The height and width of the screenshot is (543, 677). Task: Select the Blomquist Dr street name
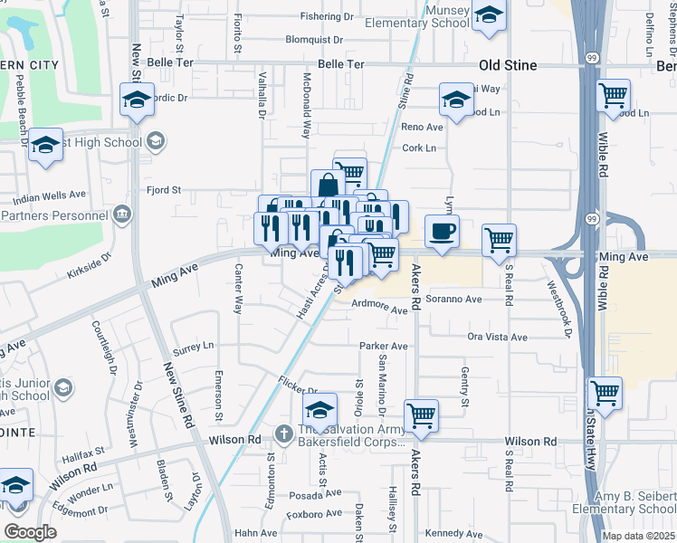319,40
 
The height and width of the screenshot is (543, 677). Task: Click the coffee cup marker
441,231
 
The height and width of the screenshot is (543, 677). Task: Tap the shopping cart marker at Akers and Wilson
421,415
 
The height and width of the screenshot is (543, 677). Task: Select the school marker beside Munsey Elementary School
489,15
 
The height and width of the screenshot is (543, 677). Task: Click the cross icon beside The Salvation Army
284,434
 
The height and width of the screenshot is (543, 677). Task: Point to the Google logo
30,532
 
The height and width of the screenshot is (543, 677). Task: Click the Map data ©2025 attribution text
638,536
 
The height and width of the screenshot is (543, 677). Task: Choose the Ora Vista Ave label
497,337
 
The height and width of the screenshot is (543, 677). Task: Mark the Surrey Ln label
193,346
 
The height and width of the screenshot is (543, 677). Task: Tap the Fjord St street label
165,190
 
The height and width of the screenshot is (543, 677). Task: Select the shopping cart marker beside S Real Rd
499,240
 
